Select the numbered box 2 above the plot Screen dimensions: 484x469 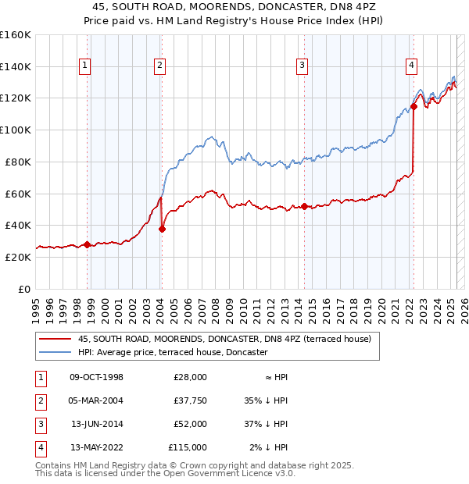(x=159, y=66)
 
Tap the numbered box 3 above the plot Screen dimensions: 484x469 (x=301, y=66)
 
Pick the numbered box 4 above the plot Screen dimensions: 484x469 (x=410, y=66)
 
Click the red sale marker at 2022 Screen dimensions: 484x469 (x=414, y=106)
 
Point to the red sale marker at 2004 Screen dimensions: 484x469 (x=162, y=229)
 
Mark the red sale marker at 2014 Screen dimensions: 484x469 (x=304, y=206)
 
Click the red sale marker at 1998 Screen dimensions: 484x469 (x=87, y=244)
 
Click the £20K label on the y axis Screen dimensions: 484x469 (x=18, y=257)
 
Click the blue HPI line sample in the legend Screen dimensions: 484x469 (x=55, y=352)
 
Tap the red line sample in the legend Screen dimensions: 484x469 (x=55, y=339)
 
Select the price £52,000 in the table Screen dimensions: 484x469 (x=190, y=424)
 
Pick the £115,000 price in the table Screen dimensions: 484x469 (x=188, y=447)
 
